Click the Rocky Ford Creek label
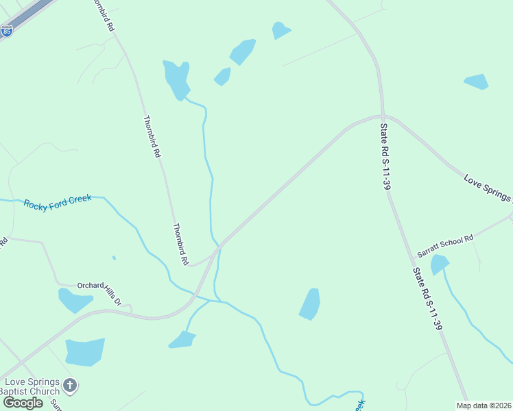click(x=58, y=203)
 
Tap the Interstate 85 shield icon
click(x=7, y=30)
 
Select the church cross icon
click(x=69, y=386)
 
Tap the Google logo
click(x=23, y=403)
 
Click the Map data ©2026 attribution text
click(x=483, y=405)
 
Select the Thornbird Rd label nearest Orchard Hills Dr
click(x=180, y=244)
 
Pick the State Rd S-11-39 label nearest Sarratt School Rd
click(x=427, y=299)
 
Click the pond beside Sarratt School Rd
click(x=439, y=264)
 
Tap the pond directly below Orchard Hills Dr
click(x=74, y=300)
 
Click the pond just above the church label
click(x=85, y=351)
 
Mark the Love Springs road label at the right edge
click(x=488, y=189)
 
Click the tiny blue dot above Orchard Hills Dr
click(x=114, y=258)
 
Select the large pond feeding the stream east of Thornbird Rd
click(x=176, y=78)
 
